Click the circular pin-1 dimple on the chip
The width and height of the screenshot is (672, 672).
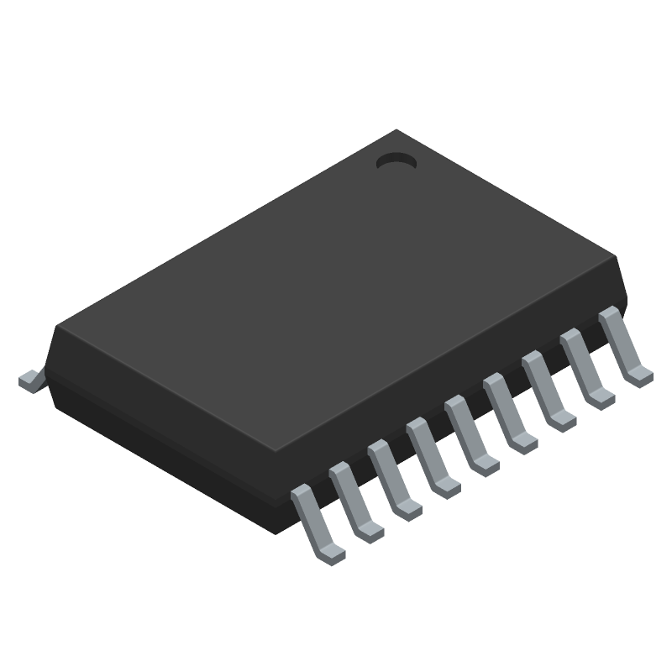396,160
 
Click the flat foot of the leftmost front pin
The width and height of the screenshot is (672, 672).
329,549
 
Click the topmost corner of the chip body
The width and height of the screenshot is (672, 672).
396,129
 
